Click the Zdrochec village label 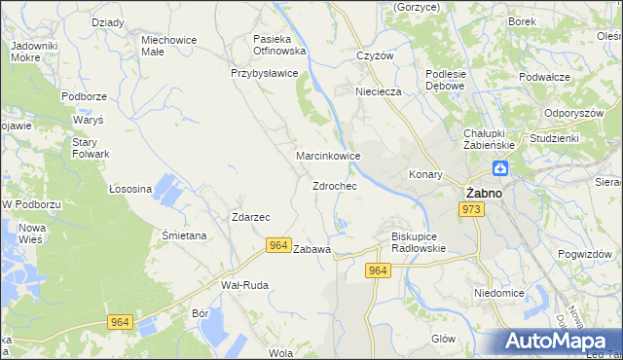tap(334, 186)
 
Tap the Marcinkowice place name tap(329, 156)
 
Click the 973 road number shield tap(472, 209)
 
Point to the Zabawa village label tap(312, 249)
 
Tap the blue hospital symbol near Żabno tap(499, 169)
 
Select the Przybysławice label tap(264, 73)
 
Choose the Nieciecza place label tap(379, 92)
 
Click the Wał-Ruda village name tap(244, 285)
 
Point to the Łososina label tap(129, 189)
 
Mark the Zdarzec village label tap(250, 217)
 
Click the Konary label tap(425, 175)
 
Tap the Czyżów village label tap(375, 55)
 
